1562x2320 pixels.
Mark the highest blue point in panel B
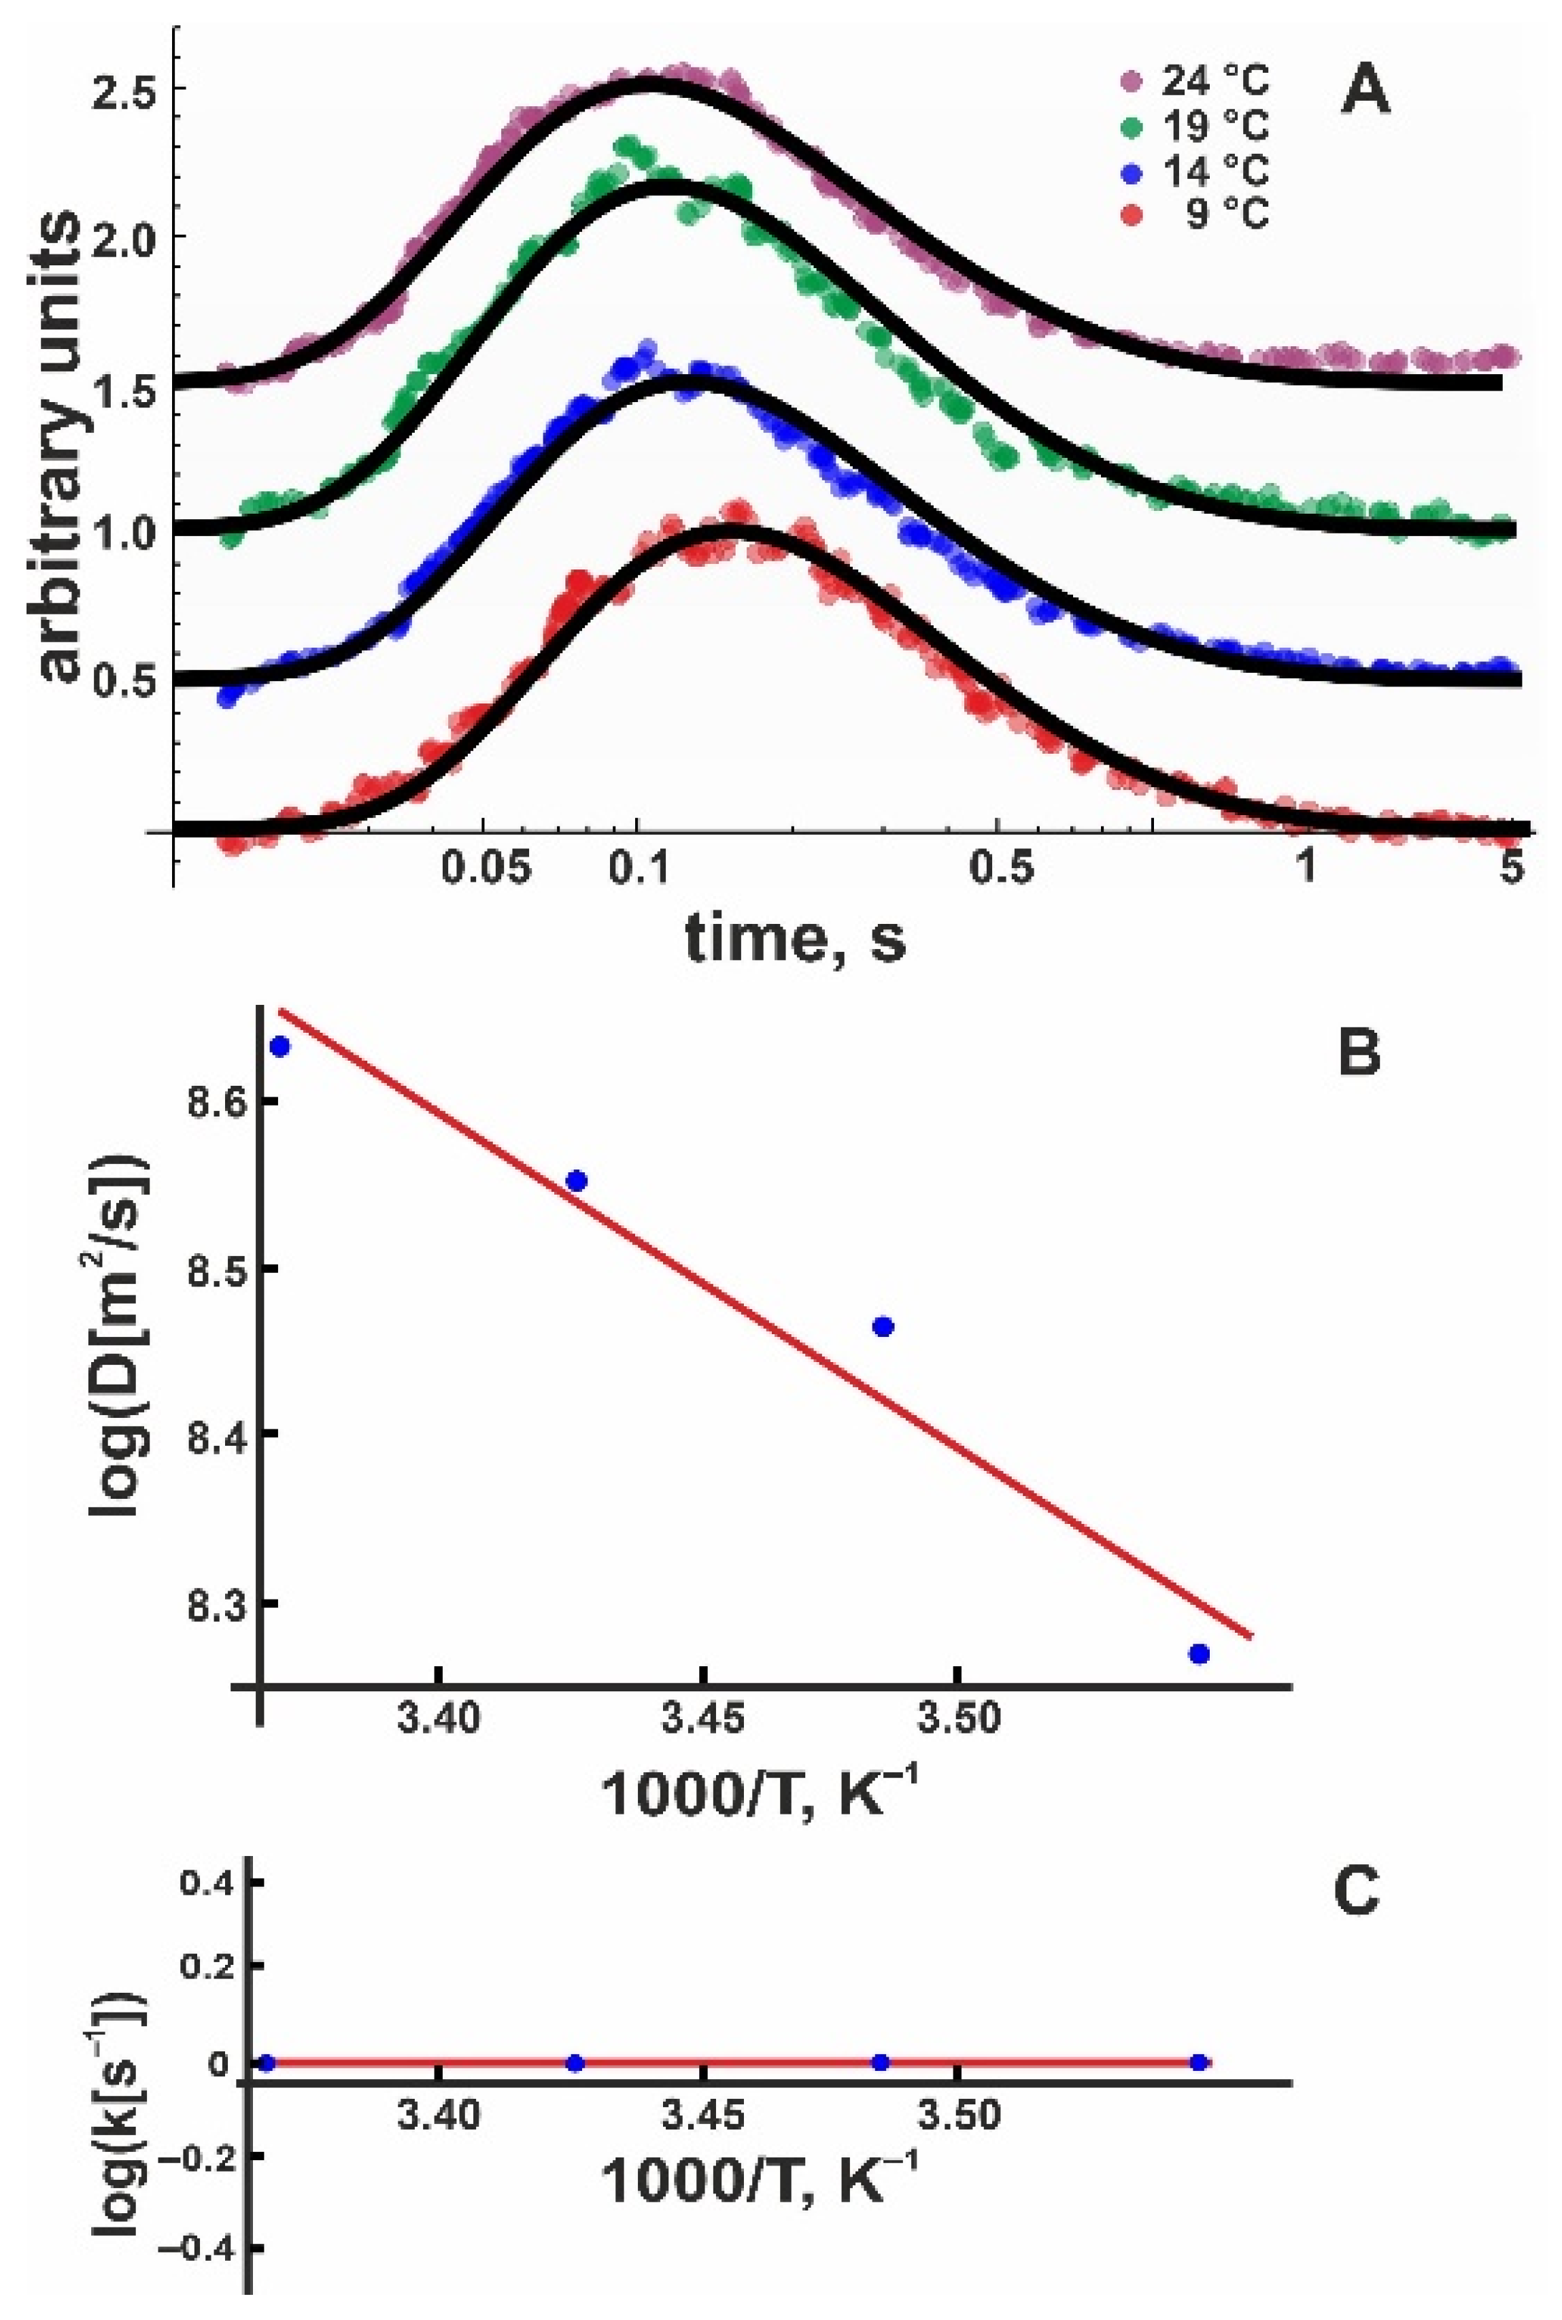coord(280,1046)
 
